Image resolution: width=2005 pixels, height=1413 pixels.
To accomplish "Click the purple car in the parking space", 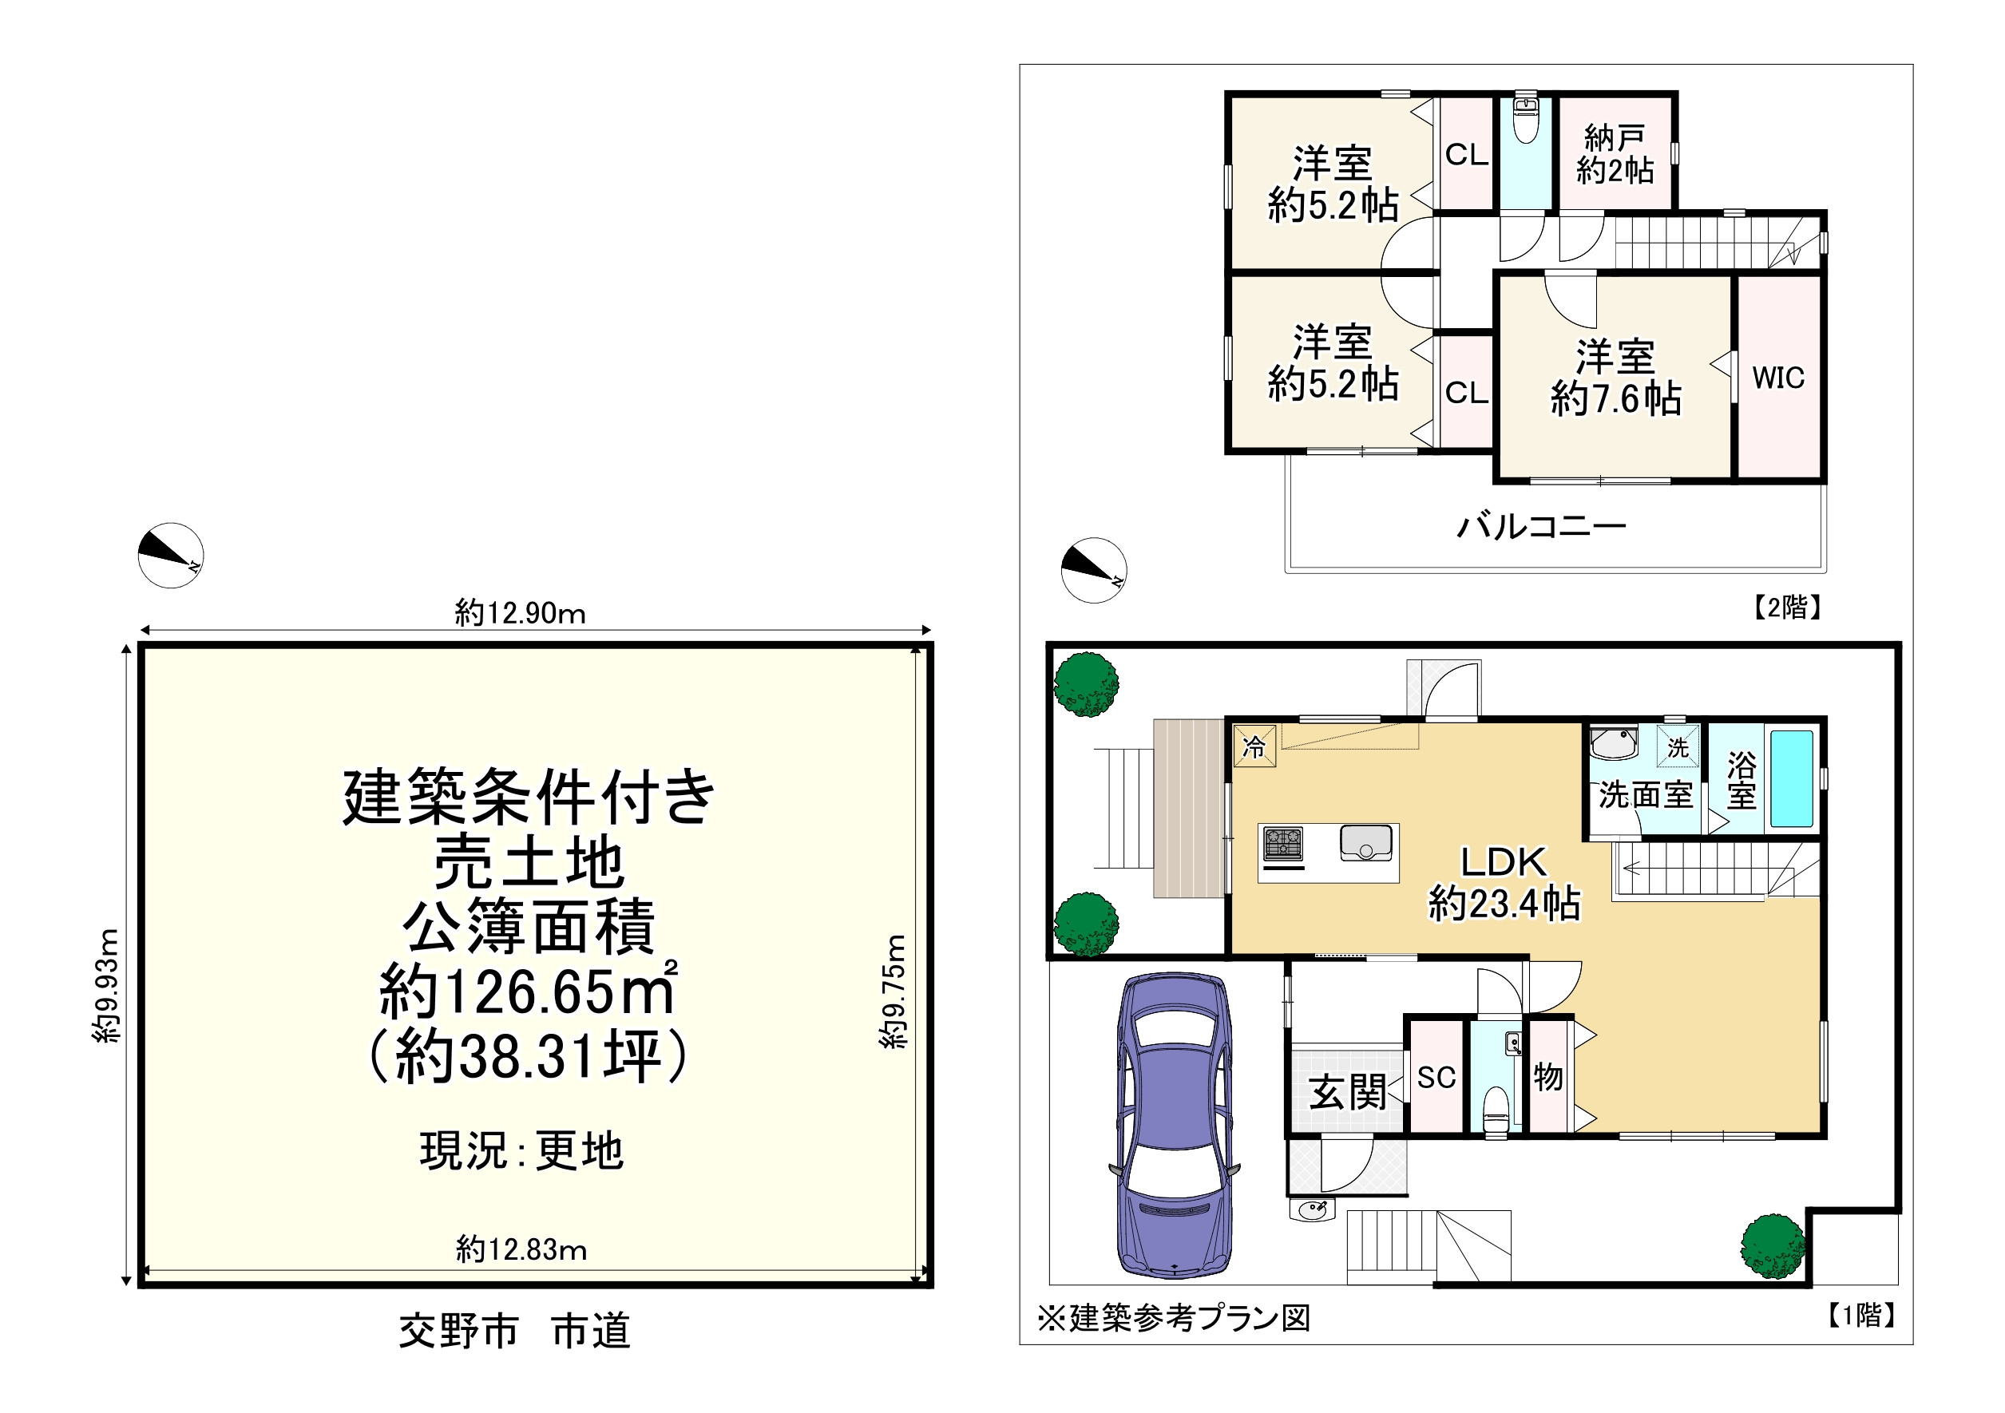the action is pos(1175,1126).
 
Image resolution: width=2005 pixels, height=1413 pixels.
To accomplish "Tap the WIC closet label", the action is pos(1778,378).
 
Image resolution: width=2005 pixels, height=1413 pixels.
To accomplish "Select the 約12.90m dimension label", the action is pos(520,613).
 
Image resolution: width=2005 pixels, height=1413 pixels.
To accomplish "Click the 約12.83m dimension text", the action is pos(521,1249).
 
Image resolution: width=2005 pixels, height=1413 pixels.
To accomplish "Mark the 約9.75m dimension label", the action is pos(894,991).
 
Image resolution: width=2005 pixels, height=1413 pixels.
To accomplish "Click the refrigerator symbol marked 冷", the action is pos(1254,746).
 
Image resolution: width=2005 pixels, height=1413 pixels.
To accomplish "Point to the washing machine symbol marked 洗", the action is pos(1678,746).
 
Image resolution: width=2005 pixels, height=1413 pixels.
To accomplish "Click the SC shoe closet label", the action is pos(1436,1078).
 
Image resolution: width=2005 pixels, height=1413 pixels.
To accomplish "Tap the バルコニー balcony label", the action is pos(1541,526).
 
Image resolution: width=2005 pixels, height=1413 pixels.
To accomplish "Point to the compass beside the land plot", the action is pos(171,556).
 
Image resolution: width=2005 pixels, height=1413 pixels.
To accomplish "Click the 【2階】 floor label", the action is pos(1787,607).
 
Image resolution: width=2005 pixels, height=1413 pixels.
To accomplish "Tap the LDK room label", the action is pos(1504,862).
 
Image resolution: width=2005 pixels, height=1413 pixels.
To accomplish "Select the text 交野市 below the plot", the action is pos(458,1332).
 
